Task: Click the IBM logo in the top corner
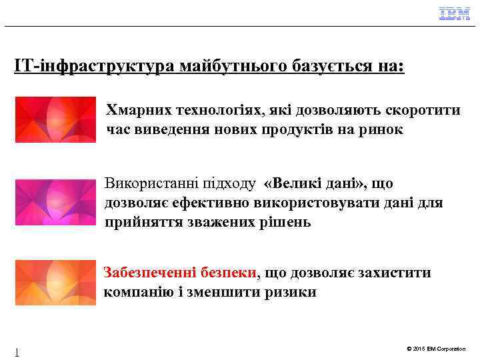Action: [x=454, y=13]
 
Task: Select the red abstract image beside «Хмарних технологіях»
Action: [x=55, y=120]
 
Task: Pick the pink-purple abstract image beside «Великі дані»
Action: [x=55, y=202]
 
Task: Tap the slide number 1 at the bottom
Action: [x=17, y=352]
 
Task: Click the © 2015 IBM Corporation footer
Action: [x=435, y=349]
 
